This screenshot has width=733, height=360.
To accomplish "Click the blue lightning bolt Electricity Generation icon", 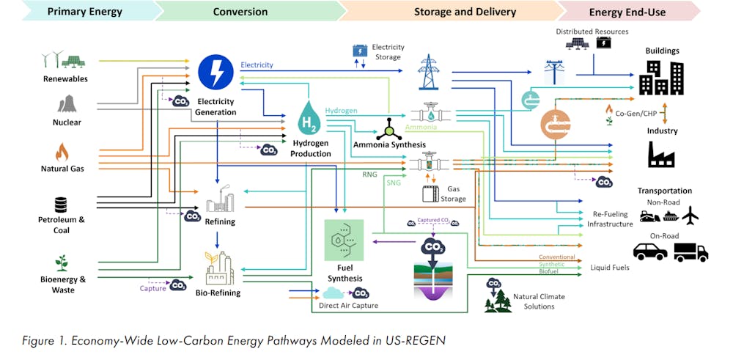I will click(x=216, y=73).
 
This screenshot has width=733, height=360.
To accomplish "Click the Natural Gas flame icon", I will click(x=62, y=153).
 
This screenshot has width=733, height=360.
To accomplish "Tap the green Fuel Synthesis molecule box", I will click(x=344, y=240).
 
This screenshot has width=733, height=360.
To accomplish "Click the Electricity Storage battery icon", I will click(x=360, y=51).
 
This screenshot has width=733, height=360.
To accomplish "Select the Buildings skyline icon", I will click(x=661, y=78).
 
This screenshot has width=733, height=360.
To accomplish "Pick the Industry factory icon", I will click(x=661, y=154).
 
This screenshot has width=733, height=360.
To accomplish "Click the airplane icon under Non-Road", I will click(x=690, y=216).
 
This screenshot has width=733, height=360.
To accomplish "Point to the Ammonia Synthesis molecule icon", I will click(x=389, y=128).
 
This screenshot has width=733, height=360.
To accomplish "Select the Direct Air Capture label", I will click(x=348, y=305).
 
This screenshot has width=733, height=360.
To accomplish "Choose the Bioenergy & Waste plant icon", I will click(x=62, y=262).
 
